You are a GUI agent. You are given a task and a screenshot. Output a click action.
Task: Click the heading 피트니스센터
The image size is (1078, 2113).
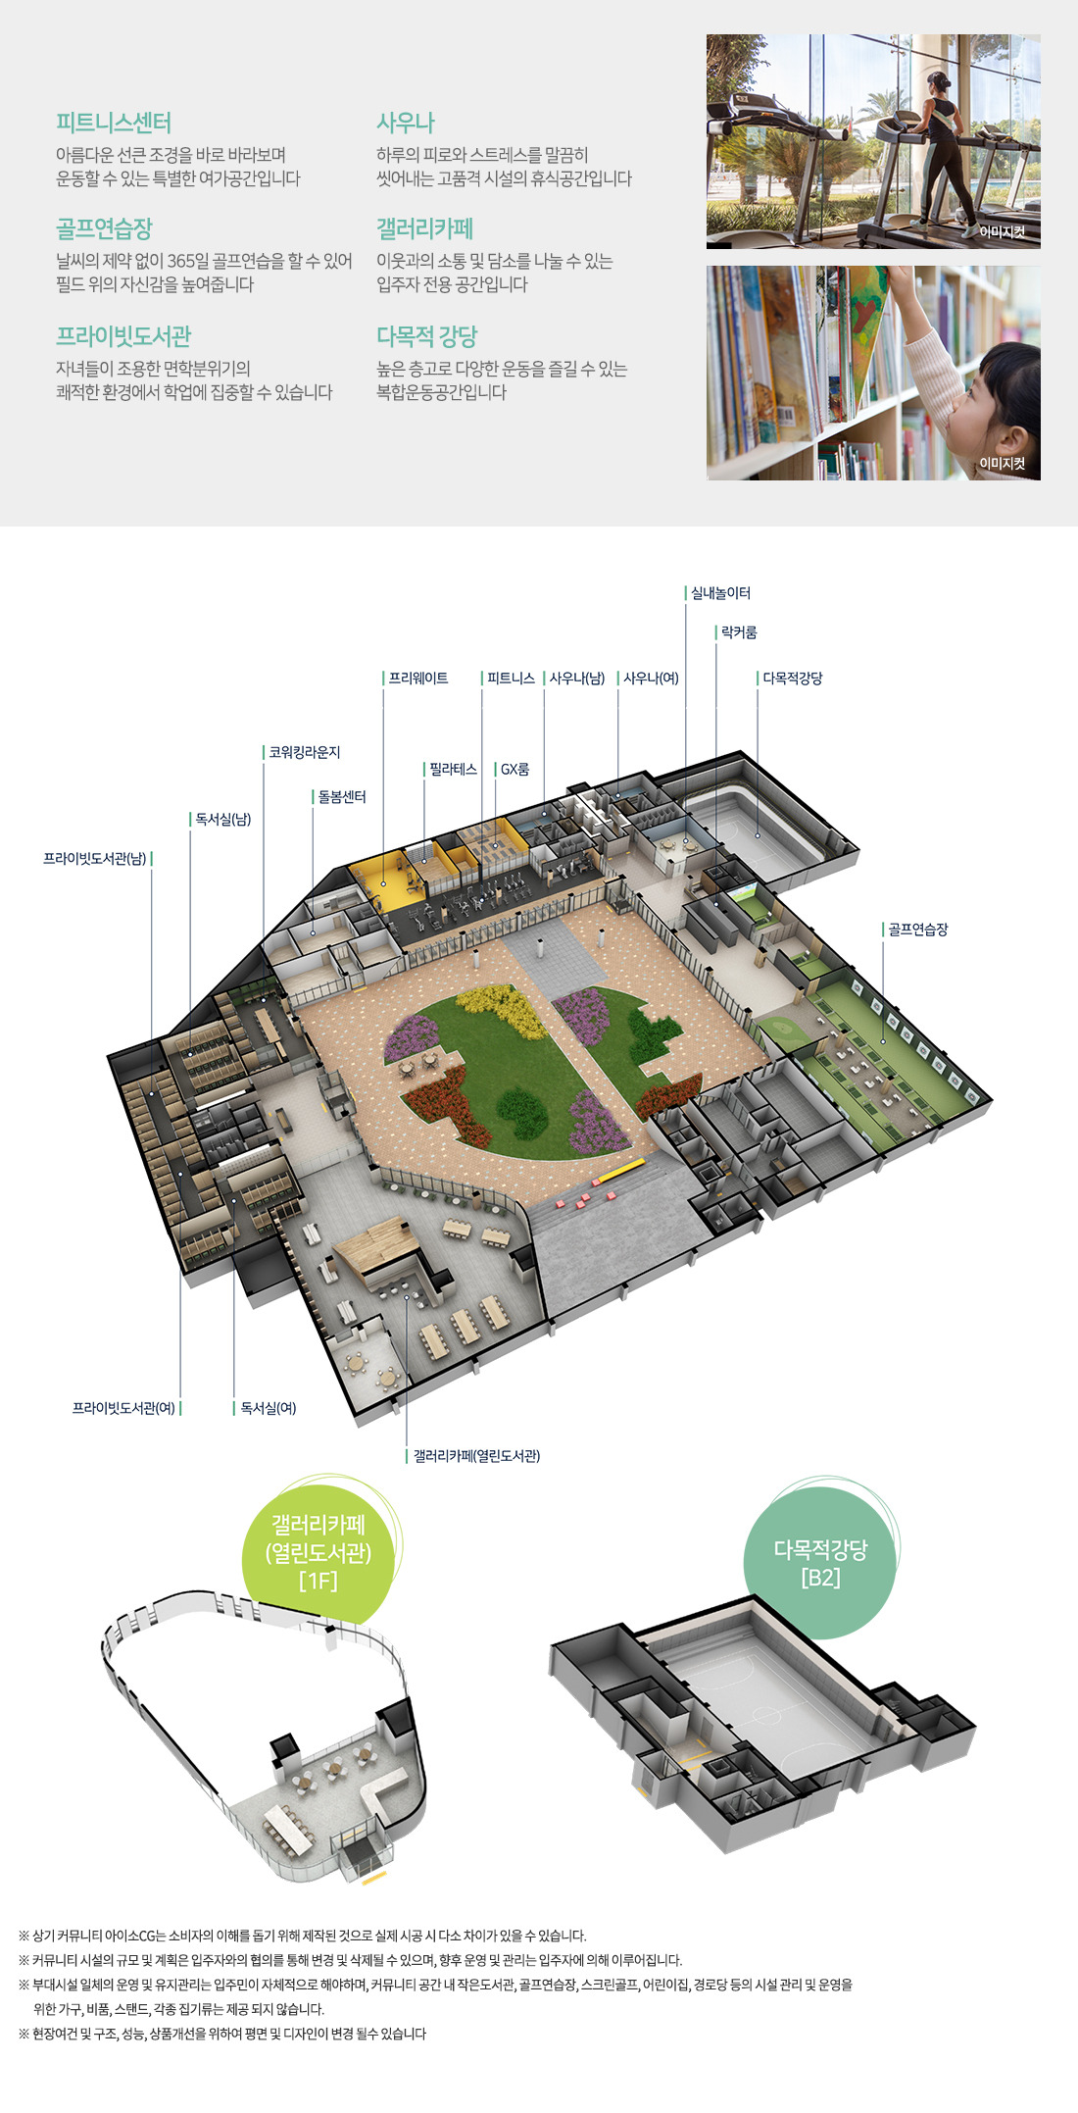click(x=114, y=123)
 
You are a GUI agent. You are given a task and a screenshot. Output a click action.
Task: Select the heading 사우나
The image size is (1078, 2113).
click(x=405, y=123)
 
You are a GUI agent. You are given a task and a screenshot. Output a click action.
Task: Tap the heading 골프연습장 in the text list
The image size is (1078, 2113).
click(x=104, y=228)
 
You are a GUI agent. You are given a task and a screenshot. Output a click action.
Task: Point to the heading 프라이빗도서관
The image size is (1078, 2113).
click(x=123, y=336)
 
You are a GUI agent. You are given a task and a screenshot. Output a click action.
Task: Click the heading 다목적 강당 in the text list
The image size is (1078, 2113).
click(x=426, y=336)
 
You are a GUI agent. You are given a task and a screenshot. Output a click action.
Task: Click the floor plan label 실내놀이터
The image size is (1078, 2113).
click(x=720, y=593)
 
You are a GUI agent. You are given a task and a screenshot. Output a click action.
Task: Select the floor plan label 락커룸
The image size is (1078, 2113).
click(x=739, y=632)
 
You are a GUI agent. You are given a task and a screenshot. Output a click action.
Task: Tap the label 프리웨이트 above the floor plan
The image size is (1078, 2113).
click(x=418, y=679)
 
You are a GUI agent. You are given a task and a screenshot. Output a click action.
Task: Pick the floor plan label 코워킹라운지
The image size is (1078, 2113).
click(x=305, y=752)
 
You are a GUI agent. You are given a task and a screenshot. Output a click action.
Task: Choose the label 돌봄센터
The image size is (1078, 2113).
click(x=342, y=797)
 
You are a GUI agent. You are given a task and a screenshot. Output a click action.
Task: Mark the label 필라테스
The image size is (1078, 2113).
click(x=453, y=770)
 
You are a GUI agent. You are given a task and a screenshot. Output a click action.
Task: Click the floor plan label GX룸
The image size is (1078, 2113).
click(x=514, y=770)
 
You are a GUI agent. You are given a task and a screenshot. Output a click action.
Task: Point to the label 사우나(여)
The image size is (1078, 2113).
click(x=651, y=679)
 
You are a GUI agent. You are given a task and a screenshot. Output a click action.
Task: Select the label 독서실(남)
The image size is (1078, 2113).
click(x=223, y=820)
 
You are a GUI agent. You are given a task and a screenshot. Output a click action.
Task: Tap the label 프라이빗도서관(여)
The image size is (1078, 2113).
click(x=123, y=1408)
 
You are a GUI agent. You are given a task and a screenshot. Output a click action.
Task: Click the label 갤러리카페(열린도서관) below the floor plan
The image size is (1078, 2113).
click(x=476, y=1456)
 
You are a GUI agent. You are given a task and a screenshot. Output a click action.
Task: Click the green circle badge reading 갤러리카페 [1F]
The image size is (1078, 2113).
click(x=318, y=1552)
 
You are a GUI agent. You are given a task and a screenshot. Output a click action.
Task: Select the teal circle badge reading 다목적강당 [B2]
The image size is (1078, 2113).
click(x=820, y=1563)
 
